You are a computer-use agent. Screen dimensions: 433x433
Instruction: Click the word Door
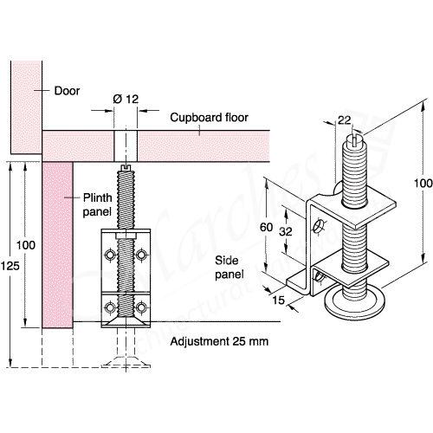click(67, 90)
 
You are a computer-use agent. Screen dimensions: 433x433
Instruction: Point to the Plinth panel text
click(97, 204)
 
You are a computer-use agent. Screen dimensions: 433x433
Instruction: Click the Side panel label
click(229, 266)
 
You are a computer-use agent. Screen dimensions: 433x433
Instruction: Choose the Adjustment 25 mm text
click(219, 341)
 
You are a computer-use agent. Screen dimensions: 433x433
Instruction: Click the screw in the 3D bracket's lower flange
click(322, 276)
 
